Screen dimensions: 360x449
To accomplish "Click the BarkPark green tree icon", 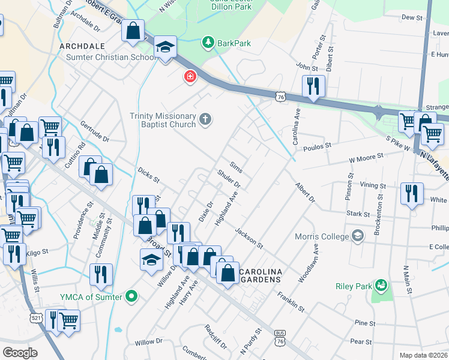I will point(208,42).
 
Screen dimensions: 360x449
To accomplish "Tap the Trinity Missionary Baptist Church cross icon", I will point(205,119).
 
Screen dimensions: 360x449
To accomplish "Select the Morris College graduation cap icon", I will point(358,236).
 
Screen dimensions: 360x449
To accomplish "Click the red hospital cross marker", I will point(190,77).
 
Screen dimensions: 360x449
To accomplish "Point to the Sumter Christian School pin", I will point(164,48).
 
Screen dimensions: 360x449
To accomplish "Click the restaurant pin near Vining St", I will point(411,193).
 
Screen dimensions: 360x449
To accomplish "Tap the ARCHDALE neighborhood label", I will point(82,46).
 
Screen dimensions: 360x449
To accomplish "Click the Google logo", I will point(20,353).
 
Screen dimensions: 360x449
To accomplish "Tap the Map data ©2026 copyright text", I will point(423,355).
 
